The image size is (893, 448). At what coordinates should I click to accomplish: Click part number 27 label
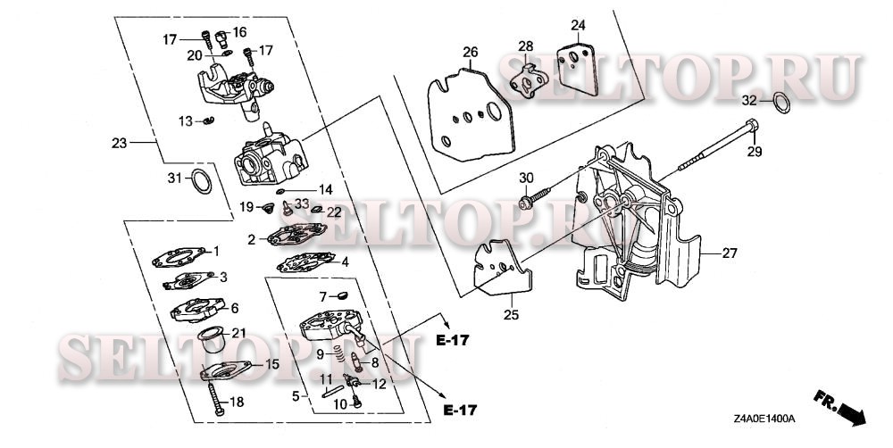729,253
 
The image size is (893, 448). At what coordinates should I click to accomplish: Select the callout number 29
755,152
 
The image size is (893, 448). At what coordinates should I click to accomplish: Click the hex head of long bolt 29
752,125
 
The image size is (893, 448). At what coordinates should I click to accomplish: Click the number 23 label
119,143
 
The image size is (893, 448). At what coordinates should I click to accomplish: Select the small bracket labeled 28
529,82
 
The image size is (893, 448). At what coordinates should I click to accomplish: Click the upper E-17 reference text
454,341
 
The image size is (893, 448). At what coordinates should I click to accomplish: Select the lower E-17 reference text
460,410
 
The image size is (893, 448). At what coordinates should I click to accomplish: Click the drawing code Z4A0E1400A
764,419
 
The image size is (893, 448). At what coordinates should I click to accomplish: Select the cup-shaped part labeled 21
212,340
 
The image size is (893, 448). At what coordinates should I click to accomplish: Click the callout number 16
239,32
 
